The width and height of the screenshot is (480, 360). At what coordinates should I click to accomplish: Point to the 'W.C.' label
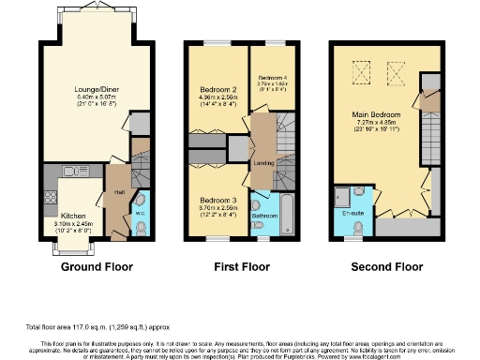[140, 211]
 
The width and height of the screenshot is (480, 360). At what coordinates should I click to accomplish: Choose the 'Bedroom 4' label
[271, 76]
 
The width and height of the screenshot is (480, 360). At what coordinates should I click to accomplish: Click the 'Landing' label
[263, 163]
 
